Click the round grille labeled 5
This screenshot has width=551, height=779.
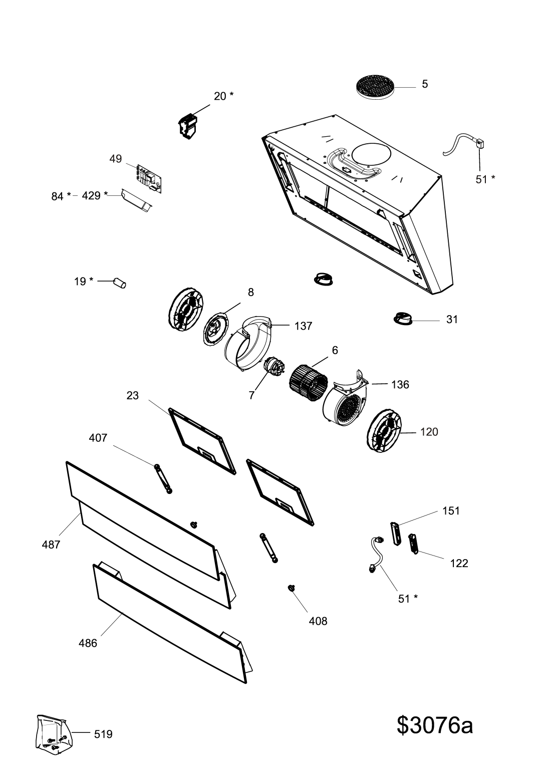pyautogui.click(x=376, y=87)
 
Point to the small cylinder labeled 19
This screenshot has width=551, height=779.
pyautogui.click(x=120, y=283)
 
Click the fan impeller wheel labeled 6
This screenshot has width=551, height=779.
pyautogui.click(x=309, y=384)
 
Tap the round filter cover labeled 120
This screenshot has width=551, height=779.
pyautogui.click(x=384, y=431)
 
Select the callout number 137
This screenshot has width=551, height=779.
pyautogui.click(x=304, y=326)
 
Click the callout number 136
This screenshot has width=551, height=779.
pyautogui.click(x=400, y=385)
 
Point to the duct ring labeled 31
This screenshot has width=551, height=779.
pyautogui.click(x=403, y=318)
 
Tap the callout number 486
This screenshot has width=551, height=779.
pyautogui.click(x=88, y=643)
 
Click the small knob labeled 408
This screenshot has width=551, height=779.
pyautogui.click(x=292, y=587)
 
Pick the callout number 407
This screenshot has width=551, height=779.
pyautogui.click(x=98, y=438)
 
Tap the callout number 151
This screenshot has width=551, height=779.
pyautogui.click(x=451, y=511)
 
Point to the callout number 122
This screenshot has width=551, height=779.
pyautogui.click(x=459, y=564)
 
